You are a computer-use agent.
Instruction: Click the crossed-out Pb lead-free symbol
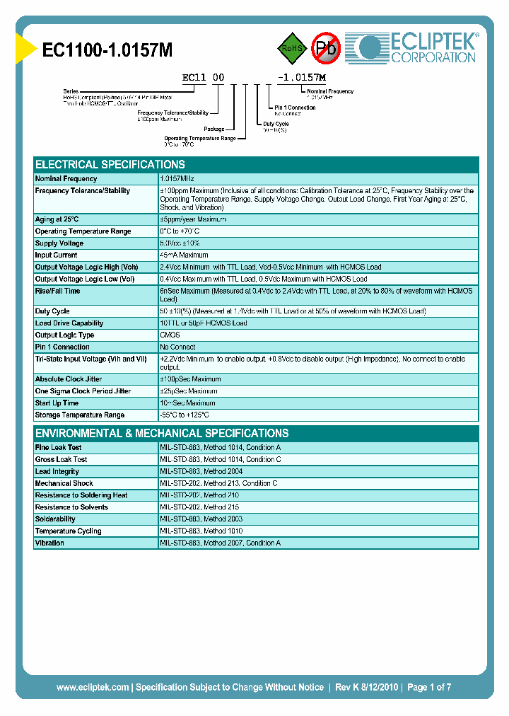pos(327,48)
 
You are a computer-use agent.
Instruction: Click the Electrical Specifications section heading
pos(110,164)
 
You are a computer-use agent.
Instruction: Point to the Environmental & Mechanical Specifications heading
pos(162,433)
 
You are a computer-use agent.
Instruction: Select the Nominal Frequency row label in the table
pos(66,179)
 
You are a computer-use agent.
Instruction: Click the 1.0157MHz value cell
pos(177,179)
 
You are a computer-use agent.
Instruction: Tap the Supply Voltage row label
pos(59,243)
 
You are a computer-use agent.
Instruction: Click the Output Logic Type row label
pos(64,335)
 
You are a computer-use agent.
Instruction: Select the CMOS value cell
pos(170,335)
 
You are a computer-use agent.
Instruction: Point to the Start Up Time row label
pos(57,403)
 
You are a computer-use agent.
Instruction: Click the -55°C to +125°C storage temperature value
pos(185,415)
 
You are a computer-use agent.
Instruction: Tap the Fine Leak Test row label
pos(58,448)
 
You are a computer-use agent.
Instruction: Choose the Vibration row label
pos(49,543)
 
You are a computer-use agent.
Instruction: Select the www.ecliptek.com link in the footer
pos(93,687)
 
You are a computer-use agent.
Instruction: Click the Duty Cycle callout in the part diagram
pos(277,123)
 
